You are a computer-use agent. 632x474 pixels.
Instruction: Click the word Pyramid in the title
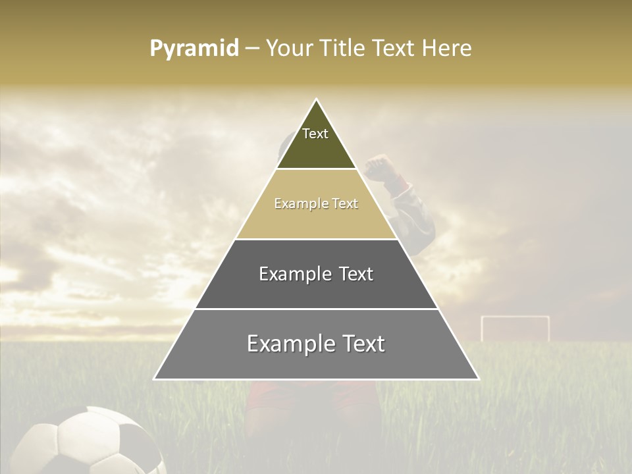(x=194, y=49)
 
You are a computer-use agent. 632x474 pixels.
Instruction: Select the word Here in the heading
(x=447, y=49)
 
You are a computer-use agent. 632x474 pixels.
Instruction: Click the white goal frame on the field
(x=515, y=327)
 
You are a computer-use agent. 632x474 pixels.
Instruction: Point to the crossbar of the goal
(x=515, y=317)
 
